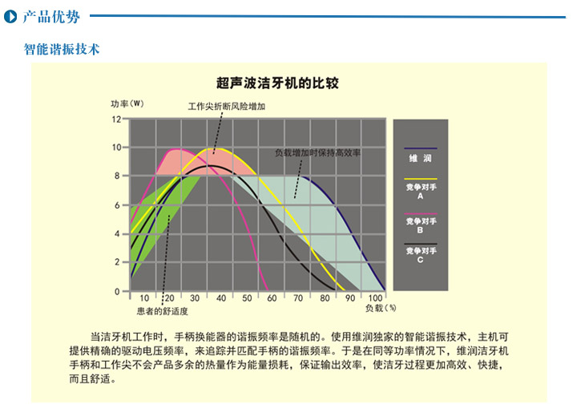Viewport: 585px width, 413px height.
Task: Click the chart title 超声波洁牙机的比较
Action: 277,83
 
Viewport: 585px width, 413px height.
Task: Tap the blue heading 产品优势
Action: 51,17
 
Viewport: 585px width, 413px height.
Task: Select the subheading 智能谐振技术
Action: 62,49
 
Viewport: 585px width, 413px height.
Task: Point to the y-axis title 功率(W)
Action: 127,103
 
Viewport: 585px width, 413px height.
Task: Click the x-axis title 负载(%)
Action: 381,308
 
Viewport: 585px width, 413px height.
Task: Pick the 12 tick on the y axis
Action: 116,119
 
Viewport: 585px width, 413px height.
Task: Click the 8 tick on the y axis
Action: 117,176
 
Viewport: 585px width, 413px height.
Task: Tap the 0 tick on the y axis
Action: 117,291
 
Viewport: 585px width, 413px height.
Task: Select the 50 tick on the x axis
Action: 247,298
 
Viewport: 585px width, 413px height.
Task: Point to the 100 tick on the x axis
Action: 375,298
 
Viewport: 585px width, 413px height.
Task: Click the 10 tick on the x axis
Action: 144,298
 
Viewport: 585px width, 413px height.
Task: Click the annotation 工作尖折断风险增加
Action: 227,107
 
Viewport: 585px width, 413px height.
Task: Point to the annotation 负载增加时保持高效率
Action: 318,152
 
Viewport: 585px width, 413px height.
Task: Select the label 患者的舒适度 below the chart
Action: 163,311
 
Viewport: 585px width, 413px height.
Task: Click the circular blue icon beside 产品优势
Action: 10,17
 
